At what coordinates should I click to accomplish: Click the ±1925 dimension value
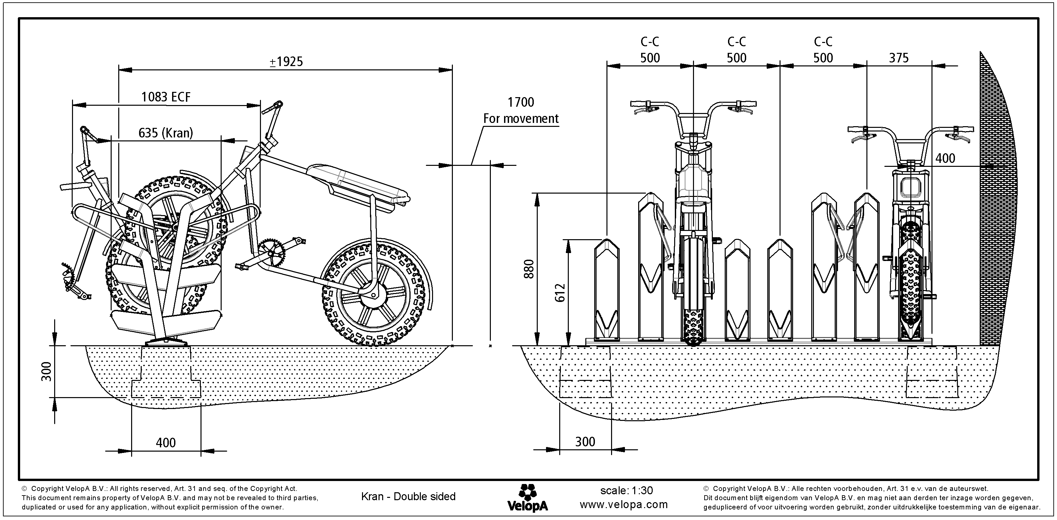[x=286, y=61]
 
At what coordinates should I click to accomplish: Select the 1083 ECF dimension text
[x=166, y=97]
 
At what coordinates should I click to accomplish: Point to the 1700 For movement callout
[x=521, y=110]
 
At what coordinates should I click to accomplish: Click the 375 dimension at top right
[x=898, y=58]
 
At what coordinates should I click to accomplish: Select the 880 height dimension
[x=529, y=269]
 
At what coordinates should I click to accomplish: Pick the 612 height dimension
[x=560, y=292]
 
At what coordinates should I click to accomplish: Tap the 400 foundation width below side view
[x=166, y=442]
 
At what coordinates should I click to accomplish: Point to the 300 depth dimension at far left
[x=47, y=371]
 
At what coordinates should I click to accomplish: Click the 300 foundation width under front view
[x=585, y=442]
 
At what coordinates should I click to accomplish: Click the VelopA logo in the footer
[x=527, y=498]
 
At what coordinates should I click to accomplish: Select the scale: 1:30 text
[x=626, y=491]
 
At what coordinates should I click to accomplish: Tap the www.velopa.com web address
[x=624, y=504]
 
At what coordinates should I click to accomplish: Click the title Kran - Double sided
[x=408, y=497]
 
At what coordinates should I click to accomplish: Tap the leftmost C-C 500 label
[x=650, y=50]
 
